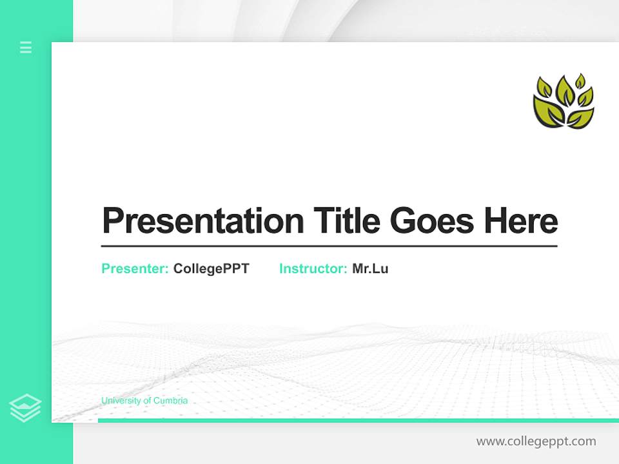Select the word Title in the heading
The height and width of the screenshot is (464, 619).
346,221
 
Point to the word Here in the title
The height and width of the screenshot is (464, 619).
520,221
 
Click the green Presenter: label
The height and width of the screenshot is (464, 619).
135,269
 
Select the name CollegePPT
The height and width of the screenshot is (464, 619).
211,269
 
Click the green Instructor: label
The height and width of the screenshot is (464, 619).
313,269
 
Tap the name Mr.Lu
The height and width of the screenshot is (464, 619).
370,269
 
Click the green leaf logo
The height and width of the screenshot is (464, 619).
564,101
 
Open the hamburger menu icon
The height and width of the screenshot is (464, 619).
26,47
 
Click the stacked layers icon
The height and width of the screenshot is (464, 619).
25,407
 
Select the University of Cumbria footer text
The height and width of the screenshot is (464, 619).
144,401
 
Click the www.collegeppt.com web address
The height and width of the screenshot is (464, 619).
536,441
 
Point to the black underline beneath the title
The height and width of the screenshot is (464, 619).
329,246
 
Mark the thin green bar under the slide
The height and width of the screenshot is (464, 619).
358,420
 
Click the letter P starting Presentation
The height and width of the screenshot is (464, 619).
112,221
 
